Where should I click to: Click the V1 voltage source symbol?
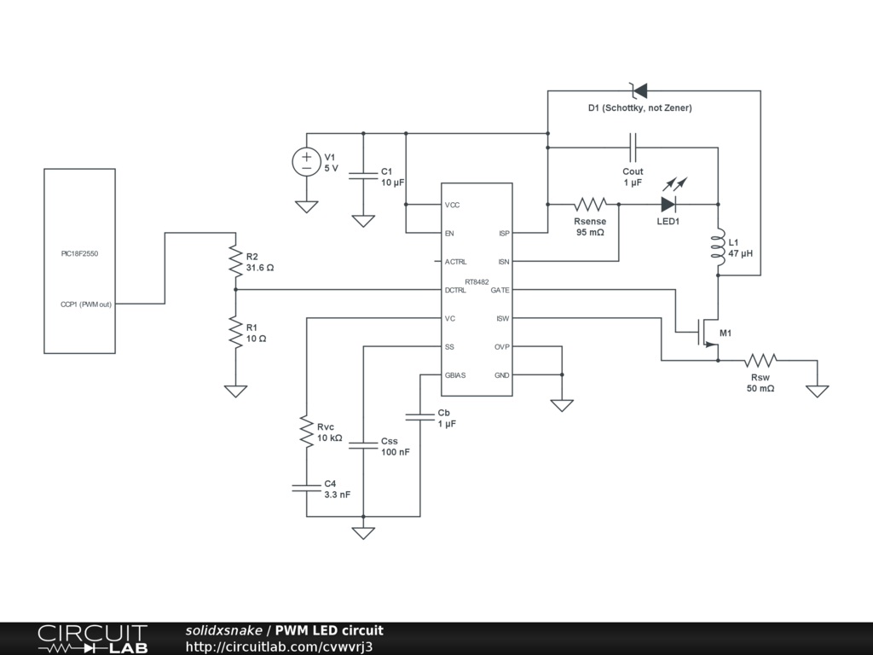click(x=306, y=162)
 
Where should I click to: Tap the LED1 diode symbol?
click(x=668, y=205)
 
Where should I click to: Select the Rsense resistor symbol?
click(x=590, y=205)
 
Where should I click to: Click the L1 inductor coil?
click(x=718, y=247)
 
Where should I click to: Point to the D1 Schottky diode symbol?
click(x=639, y=90)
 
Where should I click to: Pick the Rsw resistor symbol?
click(x=760, y=361)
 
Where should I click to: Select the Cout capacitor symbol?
click(x=633, y=148)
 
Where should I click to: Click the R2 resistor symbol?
click(x=235, y=261)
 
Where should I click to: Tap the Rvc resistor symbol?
click(x=307, y=431)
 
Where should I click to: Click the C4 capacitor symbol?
click(x=307, y=488)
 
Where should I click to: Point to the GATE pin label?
click(x=500, y=290)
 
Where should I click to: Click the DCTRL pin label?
click(x=455, y=290)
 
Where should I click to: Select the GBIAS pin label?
click(x=455, y=375)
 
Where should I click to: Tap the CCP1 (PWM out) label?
click(x=86, y=304)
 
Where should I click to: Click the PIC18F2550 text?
click(x=79, y=253)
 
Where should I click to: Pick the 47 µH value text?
click(x=741, y=253)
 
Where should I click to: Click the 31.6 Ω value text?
click(x=260, y=268)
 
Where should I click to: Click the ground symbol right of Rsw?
click(x=818, y=391)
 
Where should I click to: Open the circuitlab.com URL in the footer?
click(x=279, y=646)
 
